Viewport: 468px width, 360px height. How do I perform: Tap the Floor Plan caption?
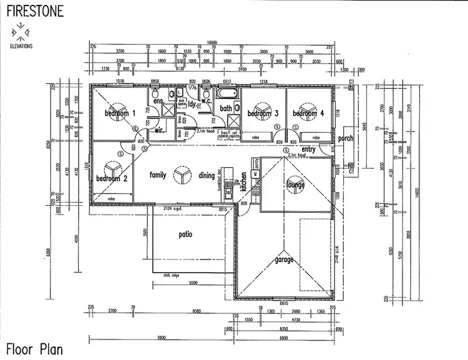(x=34, y=349)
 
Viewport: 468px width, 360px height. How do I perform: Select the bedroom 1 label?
(x=120, y=113)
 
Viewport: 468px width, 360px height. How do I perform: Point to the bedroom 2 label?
(x=112, y=178)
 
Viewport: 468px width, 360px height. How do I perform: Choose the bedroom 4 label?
(x=308, y=114)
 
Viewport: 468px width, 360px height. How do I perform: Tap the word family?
(x=158, y=175)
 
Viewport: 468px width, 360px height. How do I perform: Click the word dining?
(x=207, y=176)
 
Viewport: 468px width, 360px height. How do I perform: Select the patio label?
(x=185, y=235)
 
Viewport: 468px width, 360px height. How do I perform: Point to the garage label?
(x=285, y=260)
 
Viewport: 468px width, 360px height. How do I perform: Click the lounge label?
(x=295, y=185)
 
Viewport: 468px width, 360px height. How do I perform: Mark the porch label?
(x=345, y=139)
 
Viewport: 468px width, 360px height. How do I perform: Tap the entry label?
(x=308, y=149)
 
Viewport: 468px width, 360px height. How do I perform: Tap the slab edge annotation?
(x=172, y=274)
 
